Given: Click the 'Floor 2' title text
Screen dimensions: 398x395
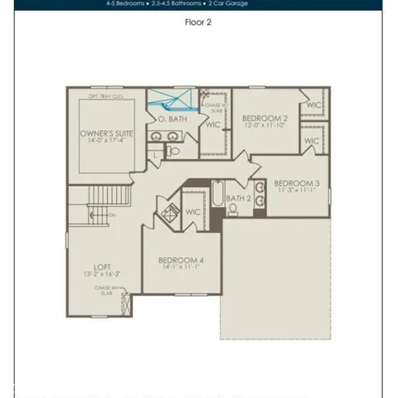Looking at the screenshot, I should (197, 22).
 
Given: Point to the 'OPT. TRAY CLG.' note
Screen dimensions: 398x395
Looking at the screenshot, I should (105, 96).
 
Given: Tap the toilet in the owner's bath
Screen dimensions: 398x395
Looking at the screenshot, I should (173, 151).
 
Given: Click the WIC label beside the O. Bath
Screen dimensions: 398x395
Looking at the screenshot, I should (213, 124).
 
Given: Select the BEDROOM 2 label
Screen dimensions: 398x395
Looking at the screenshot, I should (265, 119).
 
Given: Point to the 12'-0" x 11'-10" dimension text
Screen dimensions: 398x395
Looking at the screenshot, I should (265, 128).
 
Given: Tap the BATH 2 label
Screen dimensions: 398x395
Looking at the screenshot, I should (239, 198).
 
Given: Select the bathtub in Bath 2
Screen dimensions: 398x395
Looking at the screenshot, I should (216, 194).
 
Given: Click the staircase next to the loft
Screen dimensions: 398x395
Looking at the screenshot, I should (90, 206).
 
